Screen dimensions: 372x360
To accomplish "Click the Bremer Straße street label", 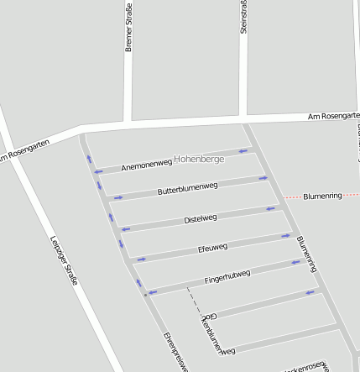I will coord(129,28).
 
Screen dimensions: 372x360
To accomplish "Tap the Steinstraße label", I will coord(244,17).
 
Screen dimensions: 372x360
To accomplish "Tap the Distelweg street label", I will coord(200,219).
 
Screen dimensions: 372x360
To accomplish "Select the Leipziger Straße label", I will coord(64,258).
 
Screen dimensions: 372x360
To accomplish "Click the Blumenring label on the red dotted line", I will coord(322,195).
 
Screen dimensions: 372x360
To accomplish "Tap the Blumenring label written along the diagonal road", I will coord(306,253).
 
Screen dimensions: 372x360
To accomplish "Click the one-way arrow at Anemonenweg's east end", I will coord(243,151).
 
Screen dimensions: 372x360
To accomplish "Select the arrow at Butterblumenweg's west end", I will coord(117,198).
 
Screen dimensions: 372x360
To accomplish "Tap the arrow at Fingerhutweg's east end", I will coord(295,262).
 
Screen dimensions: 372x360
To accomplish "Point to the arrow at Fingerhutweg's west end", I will coord(153,292).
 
